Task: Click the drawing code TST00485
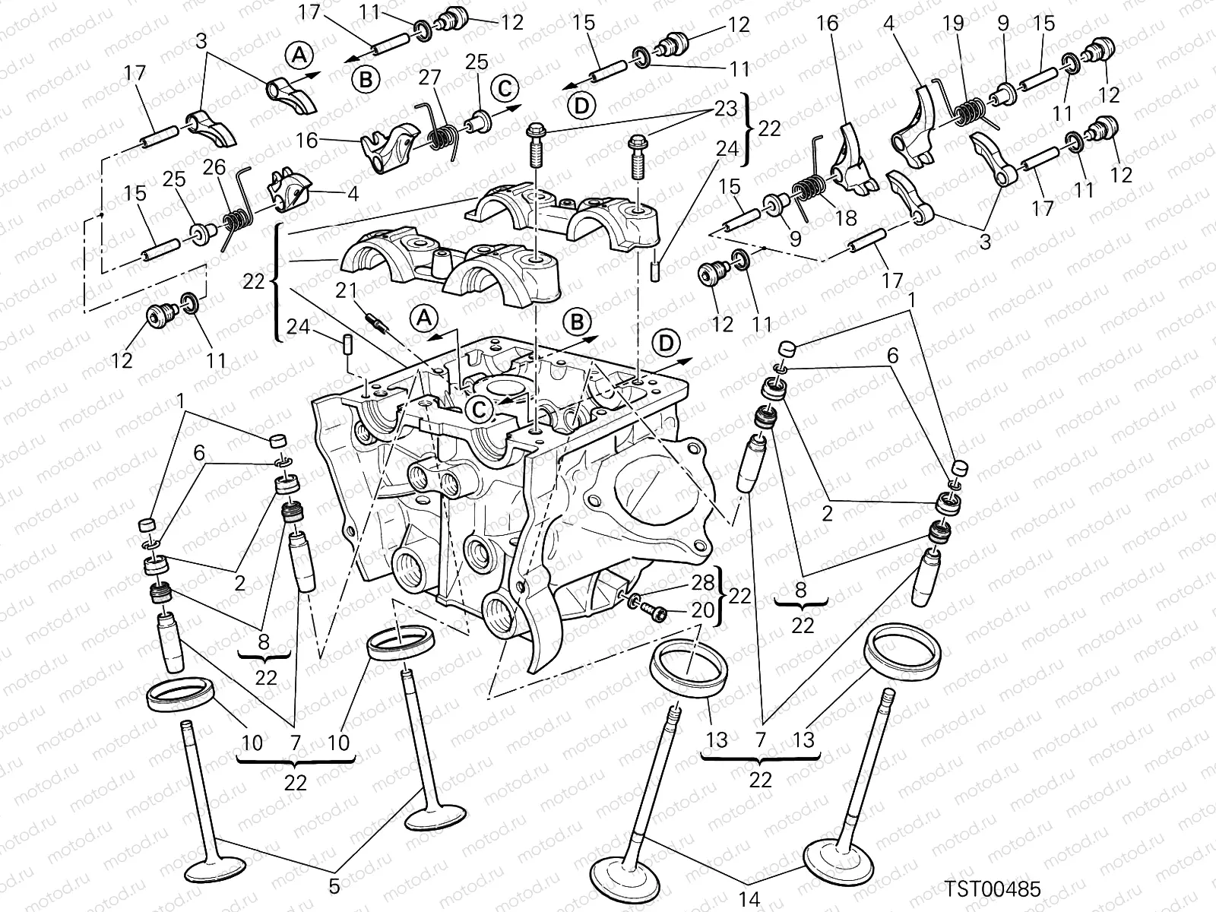pos(993,888)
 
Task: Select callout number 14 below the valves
pos(749,899)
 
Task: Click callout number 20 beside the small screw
pos(704,611)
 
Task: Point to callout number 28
pos(704,583)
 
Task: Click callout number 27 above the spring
pos(430,78)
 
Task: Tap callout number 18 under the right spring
pos(845,218)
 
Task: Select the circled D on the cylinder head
pos(667,344)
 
